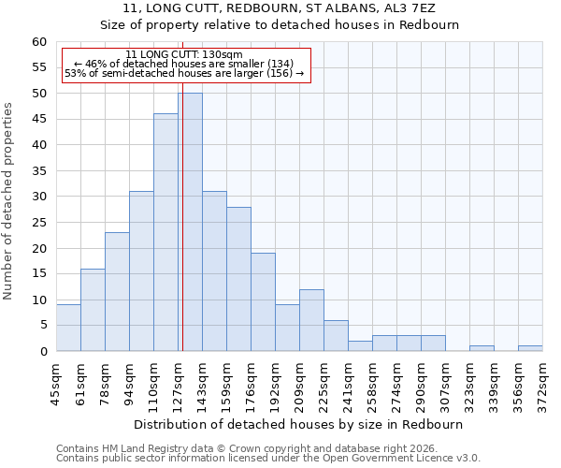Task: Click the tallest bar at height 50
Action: tap(190, 222)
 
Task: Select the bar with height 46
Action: tap(165, 232)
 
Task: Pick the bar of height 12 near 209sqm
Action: tap(311, 320)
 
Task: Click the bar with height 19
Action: tap(263, 301)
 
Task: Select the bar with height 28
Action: tap(238, 279)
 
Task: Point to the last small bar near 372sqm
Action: tap(530, 348)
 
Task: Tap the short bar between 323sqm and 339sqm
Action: tap(482, 348)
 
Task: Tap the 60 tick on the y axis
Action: tap(39, 42)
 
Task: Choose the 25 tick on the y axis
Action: tap(39, 223)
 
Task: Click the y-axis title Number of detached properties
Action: tap(9, 201)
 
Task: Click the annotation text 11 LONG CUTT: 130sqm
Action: tap(184, 54)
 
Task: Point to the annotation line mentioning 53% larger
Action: tap(184, 73)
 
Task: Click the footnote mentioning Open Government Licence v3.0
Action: tap(268, 459)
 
